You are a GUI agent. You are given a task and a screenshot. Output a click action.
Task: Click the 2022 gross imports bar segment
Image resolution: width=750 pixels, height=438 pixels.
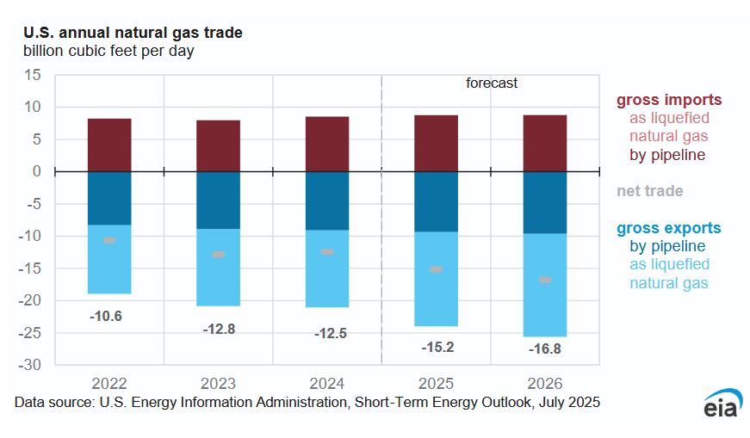(x=109, y=145)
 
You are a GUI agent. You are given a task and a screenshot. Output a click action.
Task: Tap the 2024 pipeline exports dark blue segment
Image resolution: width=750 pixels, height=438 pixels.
(x=327, y=200)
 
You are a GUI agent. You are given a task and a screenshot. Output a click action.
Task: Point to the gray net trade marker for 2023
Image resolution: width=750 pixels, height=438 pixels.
(x=218, y=254)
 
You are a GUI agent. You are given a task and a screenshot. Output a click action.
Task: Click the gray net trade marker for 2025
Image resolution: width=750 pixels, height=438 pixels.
(x=437, y=269)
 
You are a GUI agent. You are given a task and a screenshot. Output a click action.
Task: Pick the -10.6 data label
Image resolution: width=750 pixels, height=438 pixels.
(x=106, y=316)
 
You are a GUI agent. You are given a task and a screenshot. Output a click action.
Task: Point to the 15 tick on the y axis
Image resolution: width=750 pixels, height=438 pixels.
(x=33, y=75)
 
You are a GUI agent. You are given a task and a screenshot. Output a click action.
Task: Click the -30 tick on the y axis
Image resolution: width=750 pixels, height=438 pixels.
(x=31, y=365)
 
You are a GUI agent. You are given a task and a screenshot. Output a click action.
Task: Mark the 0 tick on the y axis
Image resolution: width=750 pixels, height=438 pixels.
(x=37, y=171)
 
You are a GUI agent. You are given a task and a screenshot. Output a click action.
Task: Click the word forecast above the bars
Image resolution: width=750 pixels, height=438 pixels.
(x=492, y=83)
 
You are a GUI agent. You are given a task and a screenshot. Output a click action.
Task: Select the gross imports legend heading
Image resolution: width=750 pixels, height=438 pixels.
(x=669, y=100)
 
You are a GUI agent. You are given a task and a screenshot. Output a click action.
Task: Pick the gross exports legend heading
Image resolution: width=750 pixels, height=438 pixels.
(x=669, y=228)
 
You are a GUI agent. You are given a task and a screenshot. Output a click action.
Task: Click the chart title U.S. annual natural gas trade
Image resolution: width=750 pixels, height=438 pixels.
(x=133, y=33)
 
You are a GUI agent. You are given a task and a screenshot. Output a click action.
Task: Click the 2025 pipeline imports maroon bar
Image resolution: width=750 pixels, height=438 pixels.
(x=437, y=143)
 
